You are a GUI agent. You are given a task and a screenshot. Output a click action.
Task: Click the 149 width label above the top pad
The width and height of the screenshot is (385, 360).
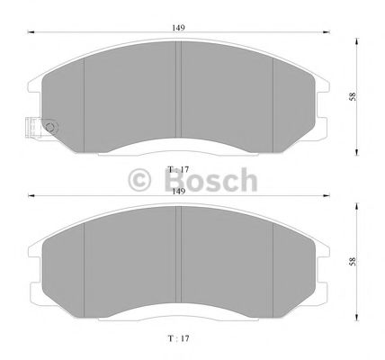[x=180, y=28]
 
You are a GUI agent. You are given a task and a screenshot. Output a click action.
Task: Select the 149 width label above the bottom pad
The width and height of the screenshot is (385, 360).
[x=180, y=189]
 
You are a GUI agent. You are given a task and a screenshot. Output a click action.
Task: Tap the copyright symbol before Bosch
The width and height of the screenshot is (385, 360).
[x=142, y=181]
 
